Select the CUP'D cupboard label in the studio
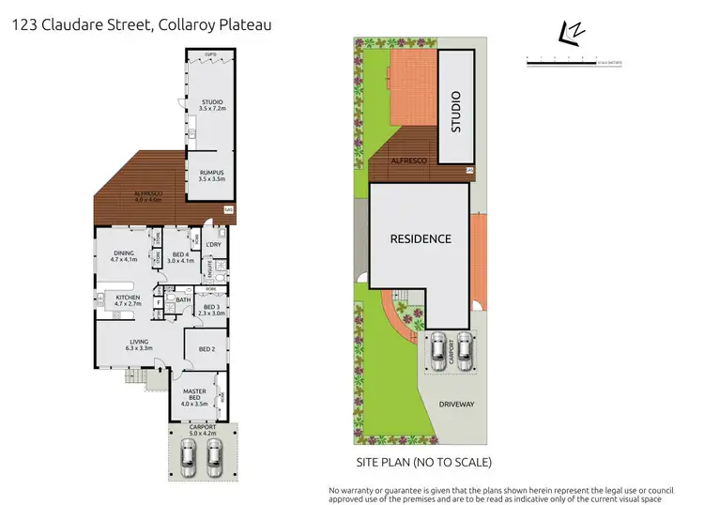(x=211, y=55)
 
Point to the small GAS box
(x=228, y=210)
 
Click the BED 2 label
(x=207, y=349)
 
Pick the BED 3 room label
(x=215, y=310)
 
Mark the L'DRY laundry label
(x=212, y=245)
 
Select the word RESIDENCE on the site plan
(x=421, y=238)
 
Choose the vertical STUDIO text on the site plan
(x=457, y=110)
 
